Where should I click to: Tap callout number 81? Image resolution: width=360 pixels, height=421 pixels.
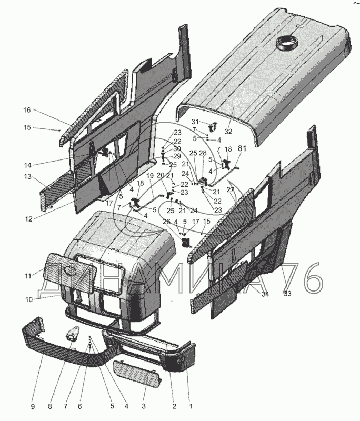tap(242, 149)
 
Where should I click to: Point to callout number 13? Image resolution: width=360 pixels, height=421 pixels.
tap(27, 176)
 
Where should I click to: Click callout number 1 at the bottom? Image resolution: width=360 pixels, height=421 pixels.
tap(191, 406)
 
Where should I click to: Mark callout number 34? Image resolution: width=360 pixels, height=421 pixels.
tap(265, 294)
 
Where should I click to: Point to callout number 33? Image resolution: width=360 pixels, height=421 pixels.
tap(287, 294)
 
